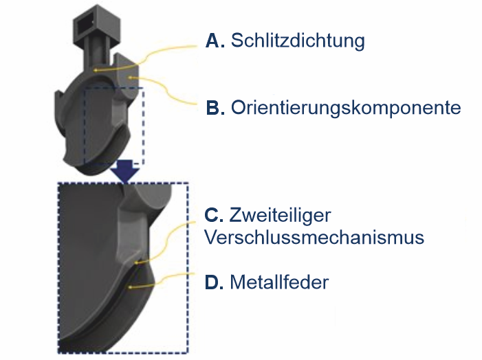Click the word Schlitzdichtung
click(x=297, y=41)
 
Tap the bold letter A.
click(x=215, y=41)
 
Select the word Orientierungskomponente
click(x=346, y=108)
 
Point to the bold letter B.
click(x=215, y=108)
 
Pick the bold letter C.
click(x=215, y=216)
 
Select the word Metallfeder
click(x=279, y=282)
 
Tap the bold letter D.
click(x=215, y=282)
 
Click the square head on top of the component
click(x=91, y=21)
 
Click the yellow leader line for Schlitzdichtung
click(x=158, y=55)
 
